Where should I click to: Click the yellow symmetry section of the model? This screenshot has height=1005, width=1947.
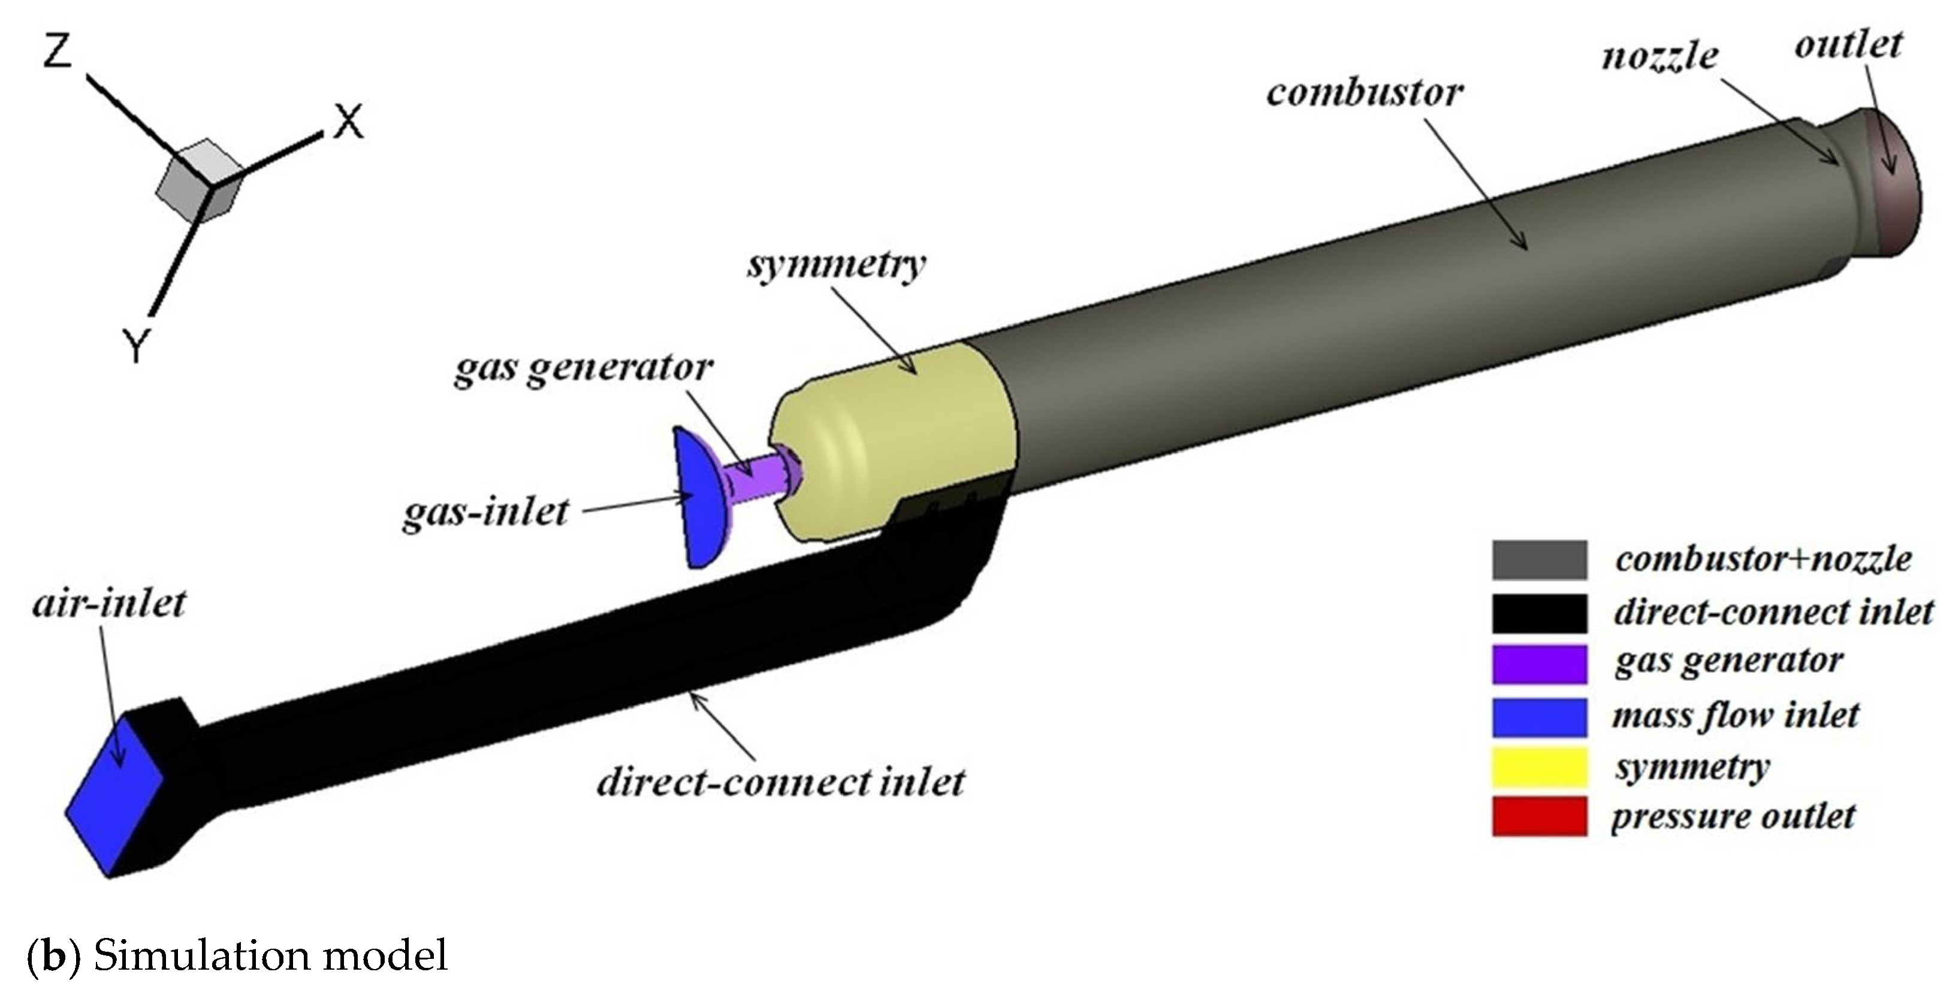tap(892, 446)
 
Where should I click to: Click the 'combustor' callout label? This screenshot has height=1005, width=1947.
tap(1365, 93)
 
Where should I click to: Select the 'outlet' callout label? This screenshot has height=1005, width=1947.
tap(1848, 46)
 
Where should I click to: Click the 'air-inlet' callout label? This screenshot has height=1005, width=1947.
tap(109, 604)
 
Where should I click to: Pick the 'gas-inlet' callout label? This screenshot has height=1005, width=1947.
tap(485, 513)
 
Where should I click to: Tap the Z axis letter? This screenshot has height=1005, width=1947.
tap(58, 52)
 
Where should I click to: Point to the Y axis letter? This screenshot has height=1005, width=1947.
tap(137, 347)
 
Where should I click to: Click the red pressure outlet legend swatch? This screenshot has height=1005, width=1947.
tap(1539, 817)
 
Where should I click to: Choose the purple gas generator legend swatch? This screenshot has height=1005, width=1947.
tap(1539, 662)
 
